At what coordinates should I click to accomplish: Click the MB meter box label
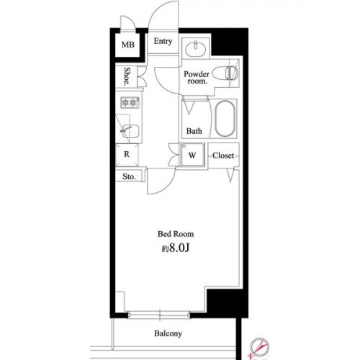coord(128,45)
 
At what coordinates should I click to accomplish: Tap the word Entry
coord(163,41)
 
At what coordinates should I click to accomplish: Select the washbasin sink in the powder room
coord(196,49)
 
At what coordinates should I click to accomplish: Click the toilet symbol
coord(225,73)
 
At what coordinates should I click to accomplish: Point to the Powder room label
coord(197,77)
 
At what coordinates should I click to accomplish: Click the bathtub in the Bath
coord(225,118)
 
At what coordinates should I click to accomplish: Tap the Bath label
coord(194,131)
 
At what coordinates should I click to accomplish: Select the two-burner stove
coord(130,103)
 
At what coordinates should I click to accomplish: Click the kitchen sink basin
coord(130,131)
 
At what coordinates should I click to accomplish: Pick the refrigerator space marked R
coord(127,155)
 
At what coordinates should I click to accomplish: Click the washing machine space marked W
coord(192,155)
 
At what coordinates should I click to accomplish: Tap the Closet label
coord(223,156)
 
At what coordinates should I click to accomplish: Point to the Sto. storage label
coord(129,177)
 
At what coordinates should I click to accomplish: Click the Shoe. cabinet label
coord(127,76)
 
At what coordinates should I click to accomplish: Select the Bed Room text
coord(176,234)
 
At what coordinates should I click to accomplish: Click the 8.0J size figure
coord(179,248)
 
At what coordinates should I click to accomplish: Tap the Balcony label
coord(168,333)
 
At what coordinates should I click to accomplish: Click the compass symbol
coord(258,347)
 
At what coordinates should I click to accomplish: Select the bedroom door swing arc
coord(166,188)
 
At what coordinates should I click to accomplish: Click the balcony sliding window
coord(159,315)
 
